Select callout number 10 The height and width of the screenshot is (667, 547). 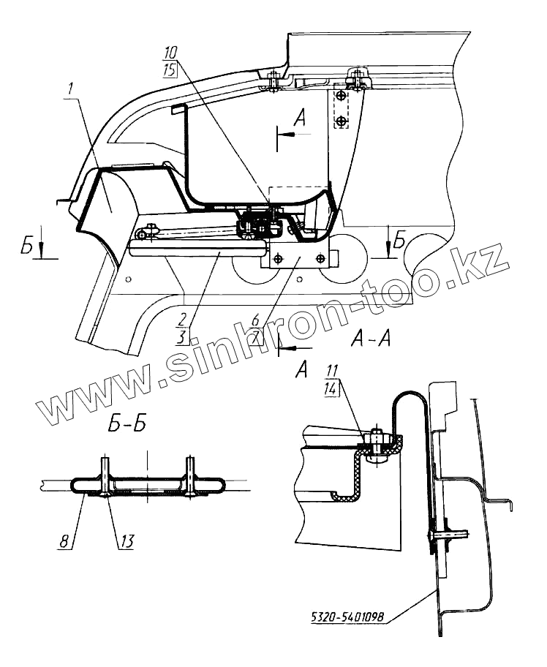(170, 53)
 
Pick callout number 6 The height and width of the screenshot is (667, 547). (254, 320)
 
